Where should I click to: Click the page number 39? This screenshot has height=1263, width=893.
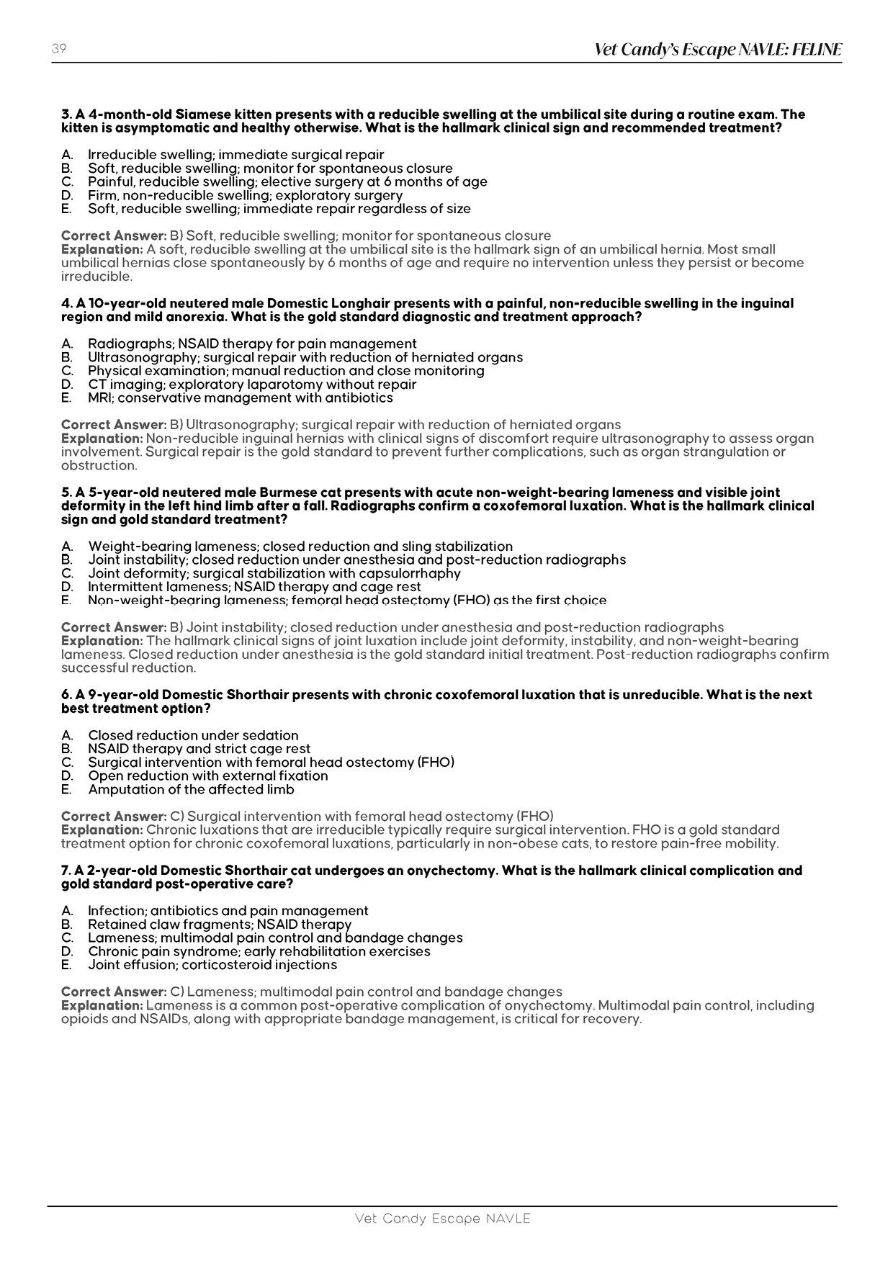pos(59,49)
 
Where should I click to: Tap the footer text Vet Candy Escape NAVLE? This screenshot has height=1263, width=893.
pos(442,1218)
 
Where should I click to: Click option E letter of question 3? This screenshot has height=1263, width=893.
pos(66,209)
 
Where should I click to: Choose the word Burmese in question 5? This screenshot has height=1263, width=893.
pos(282,493)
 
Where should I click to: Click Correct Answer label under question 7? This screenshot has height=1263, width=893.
pos(114,992)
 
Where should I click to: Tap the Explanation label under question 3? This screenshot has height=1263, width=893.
pos(102,250)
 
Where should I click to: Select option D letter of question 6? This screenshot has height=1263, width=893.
pos(67,776)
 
